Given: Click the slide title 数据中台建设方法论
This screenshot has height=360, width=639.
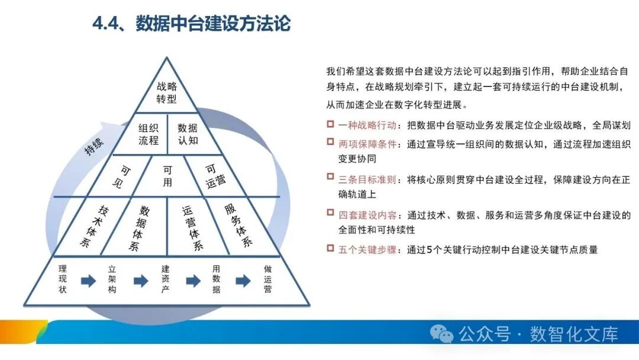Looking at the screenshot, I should coord(191,25).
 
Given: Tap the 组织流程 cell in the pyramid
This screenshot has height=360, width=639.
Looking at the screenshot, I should coord(149,134).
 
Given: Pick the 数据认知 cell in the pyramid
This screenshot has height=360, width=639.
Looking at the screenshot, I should coord(188,134).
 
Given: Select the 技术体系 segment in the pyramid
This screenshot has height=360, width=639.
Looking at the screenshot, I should coord(94,227).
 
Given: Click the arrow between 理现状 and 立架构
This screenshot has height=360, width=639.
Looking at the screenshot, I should coord(88,281).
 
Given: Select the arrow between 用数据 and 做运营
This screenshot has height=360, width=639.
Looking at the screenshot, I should coord(243,281).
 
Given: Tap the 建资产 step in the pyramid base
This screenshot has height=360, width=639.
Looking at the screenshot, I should coord(166,279).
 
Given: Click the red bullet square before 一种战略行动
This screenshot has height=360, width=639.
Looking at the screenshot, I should coord(330,124).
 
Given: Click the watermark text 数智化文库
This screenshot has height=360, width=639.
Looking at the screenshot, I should coord(574,334).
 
